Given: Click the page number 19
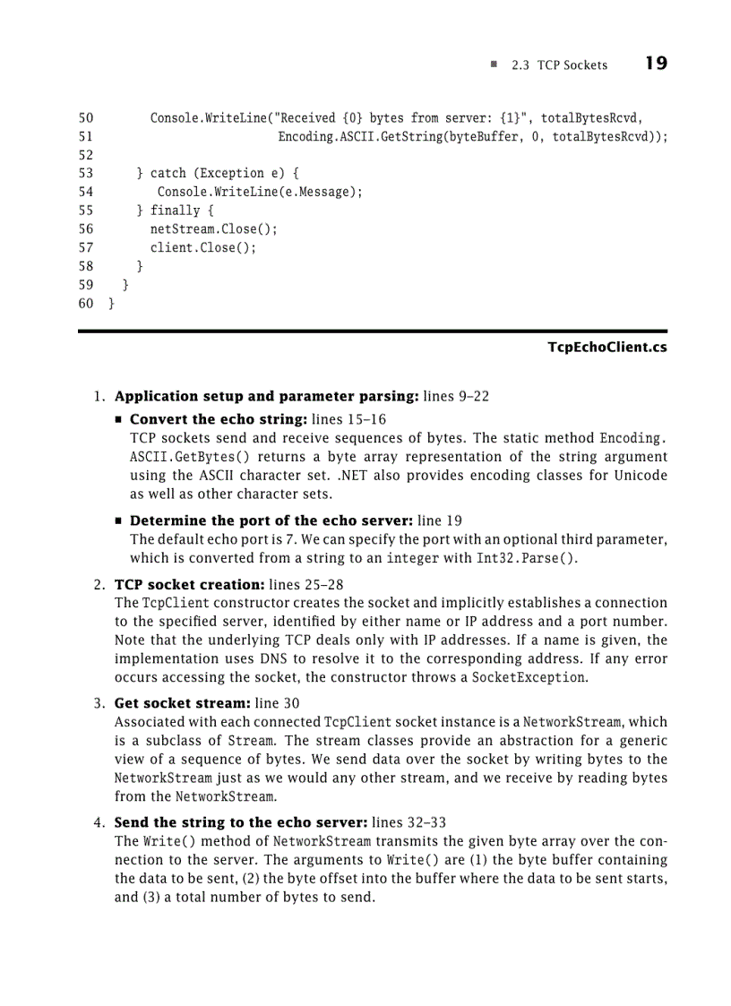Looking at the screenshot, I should [655, 64].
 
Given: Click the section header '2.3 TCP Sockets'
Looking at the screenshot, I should [559, 65].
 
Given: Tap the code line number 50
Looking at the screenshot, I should [86, 118].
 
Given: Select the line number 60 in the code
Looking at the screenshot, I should [86, 304].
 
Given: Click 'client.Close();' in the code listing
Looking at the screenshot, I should [202, 248].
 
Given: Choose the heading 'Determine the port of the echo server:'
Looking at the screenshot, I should [271, 520].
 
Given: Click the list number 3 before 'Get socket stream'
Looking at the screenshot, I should [99, 703].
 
